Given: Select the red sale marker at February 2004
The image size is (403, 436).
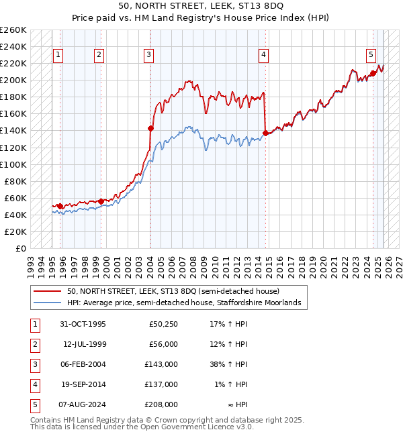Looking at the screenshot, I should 150,128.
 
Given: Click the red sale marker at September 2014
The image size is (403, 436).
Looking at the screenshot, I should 265,133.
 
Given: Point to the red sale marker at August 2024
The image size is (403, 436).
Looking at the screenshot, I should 373,73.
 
